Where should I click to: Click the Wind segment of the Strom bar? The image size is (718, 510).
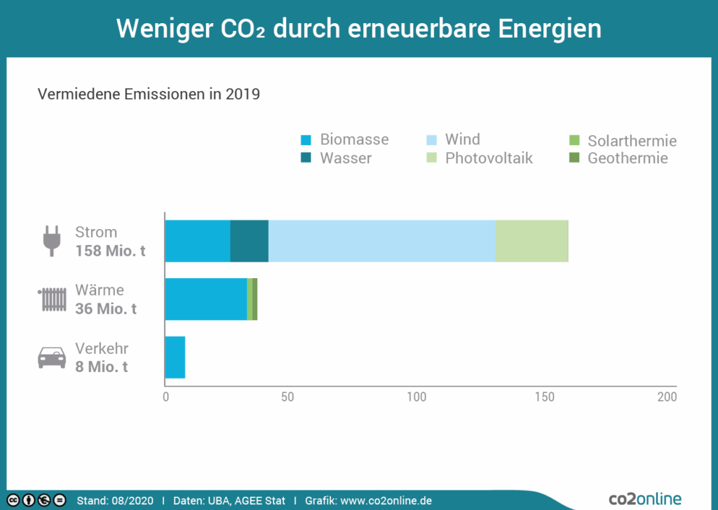click(x=381, y=241)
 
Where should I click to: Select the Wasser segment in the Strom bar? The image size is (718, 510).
click(x=249, y=241)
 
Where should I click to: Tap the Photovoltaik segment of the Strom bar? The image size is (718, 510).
click(x=531, y=241)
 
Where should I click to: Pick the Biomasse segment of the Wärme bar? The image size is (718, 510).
click(x=205, y=299)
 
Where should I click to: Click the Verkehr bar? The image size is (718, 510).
click(x=175, y=357)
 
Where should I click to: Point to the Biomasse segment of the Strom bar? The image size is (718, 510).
click(x=197, y=241)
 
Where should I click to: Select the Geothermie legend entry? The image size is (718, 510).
click(x=628, y=158)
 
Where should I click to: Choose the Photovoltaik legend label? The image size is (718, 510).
click(x=489, y=158)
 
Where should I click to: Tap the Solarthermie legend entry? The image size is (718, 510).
click(x=632, y=142)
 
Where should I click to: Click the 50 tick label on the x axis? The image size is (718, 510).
click(x=287, y=397)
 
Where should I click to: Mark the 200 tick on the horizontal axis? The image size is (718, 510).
click(x=667, y=397)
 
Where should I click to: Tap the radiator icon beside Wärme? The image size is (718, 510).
click(x=53, y=299)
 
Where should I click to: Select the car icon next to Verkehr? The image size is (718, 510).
click(x=52, y=357)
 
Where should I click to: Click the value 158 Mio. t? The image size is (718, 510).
click(x=111, y=251)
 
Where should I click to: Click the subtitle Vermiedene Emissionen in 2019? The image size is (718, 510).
click(x=149, y=94)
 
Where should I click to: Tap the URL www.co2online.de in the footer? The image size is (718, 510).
click(x=386, y=501)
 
